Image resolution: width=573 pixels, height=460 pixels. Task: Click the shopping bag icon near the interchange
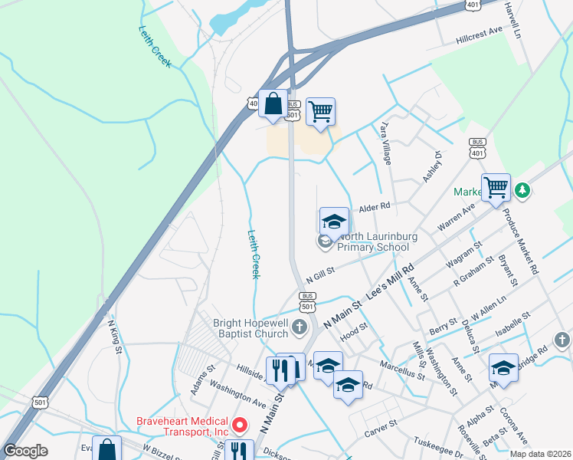273,104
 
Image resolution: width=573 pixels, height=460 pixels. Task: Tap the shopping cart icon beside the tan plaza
321,111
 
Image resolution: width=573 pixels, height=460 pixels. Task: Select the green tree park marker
522,189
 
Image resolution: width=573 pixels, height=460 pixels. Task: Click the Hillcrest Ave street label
479,34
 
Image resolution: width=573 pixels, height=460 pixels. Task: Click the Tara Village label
385,143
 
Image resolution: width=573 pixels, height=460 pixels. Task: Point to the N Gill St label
322,273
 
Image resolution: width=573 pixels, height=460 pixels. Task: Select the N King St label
114,337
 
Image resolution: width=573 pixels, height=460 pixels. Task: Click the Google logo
26,451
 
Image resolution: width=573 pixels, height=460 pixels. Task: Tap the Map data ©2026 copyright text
539,454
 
